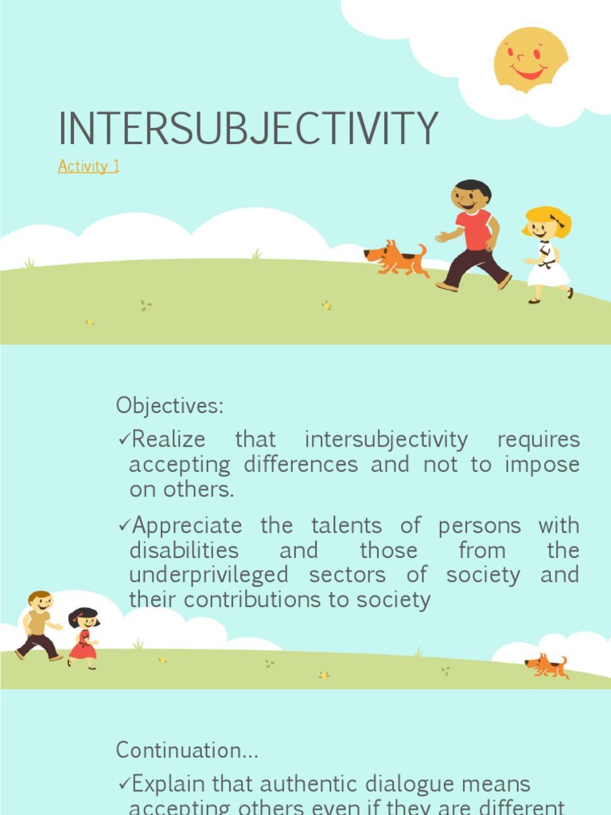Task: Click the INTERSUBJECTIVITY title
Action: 248,128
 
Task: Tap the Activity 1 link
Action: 88,166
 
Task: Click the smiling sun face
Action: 530,59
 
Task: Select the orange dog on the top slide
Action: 396,259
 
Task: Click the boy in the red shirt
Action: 474,235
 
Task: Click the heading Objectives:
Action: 169,406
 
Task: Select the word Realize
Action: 168,439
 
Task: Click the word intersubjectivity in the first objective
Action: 387,439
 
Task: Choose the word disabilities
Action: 184,550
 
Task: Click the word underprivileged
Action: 208,575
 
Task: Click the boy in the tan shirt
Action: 37,625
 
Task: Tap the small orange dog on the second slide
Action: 547,665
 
